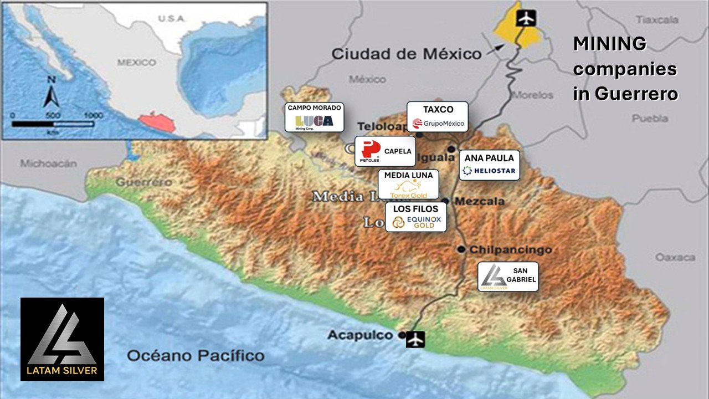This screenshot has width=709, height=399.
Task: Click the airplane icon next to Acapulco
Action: (415, 339)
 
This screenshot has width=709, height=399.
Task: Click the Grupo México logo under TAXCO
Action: (438, 123)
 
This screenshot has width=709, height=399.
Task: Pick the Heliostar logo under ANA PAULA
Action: (490, 171)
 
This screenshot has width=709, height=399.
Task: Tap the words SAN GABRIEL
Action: (524, 275)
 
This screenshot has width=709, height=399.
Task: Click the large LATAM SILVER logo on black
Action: (62, 339)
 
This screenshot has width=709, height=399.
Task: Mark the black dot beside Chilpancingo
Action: (461, 249)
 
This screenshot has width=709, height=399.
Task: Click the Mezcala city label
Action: (480, 201)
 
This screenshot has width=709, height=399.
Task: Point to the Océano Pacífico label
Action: (196, 355)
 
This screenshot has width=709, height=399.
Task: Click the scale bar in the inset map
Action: (53, 124)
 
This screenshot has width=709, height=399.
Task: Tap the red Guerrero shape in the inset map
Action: (157, 121)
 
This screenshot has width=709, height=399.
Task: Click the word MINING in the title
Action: (609, 44)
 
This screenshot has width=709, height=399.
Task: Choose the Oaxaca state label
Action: (675, 258)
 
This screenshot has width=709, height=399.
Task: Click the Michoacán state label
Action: (48, 163)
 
